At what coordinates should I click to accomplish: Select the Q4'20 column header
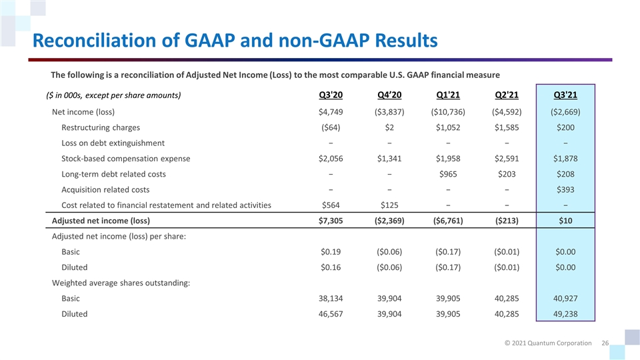click(x=389, y=94)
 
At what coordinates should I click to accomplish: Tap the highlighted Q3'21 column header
click(x=566, y=94)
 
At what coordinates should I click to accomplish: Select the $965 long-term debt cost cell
click(x=447, y=174)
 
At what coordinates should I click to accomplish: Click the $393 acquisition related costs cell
click(x=566, y=189)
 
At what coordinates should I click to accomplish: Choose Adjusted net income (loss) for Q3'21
click(x=566, y=221)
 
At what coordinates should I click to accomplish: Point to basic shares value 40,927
click(x=566, y=299)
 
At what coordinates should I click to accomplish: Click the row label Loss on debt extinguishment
click(x=113, y=143)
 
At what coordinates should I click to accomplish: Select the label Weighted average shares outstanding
click(x=121, y=283)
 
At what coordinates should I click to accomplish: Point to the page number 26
click(x=605, y=343)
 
